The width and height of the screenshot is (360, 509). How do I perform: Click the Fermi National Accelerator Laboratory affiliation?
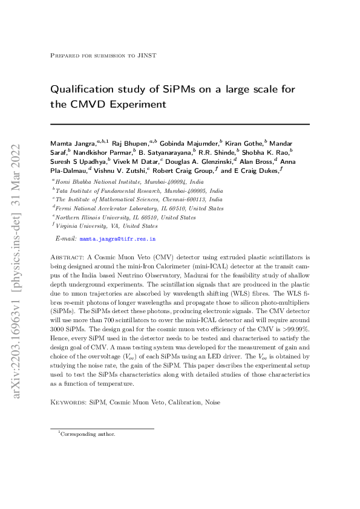tap(139, 208)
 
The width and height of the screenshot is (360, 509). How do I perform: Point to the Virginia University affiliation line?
tap(106, 226)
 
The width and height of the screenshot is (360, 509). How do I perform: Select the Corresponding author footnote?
tap(88, 434)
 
